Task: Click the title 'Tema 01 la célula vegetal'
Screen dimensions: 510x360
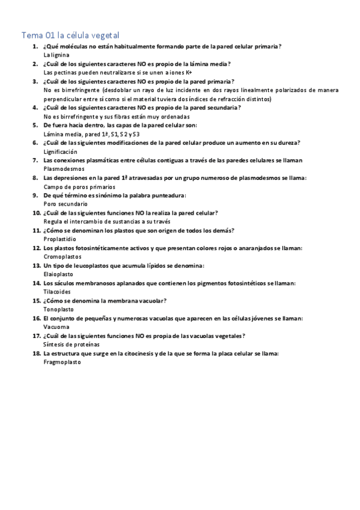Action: [74, 35]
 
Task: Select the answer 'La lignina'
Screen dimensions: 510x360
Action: [57, 55]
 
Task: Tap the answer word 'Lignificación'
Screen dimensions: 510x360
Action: [61, 152]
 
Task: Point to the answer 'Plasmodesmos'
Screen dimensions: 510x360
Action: [63, 169]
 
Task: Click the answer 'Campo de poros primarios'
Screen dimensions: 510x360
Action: [79, 186]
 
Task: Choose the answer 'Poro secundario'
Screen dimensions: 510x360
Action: [66, 204]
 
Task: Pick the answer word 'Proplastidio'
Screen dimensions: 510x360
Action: [60, 239]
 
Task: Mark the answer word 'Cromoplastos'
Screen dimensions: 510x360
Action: [62, 256]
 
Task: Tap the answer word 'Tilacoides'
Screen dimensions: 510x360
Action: [58, 291]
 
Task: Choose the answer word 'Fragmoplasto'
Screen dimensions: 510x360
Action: [62, 362]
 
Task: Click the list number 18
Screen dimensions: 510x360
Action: [36, 354]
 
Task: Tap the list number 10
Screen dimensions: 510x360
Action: [36, 213]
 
